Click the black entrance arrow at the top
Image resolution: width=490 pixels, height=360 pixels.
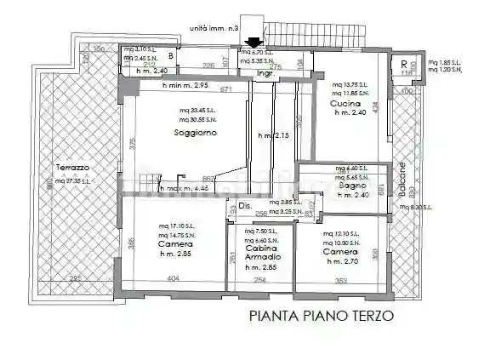253,42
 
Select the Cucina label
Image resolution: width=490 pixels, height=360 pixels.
345,103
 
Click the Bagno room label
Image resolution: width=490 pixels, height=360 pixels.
350,186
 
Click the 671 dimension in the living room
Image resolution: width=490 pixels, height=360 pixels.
225,89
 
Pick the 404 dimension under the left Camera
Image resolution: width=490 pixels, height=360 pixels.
173,278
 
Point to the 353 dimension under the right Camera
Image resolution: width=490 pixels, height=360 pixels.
342,279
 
